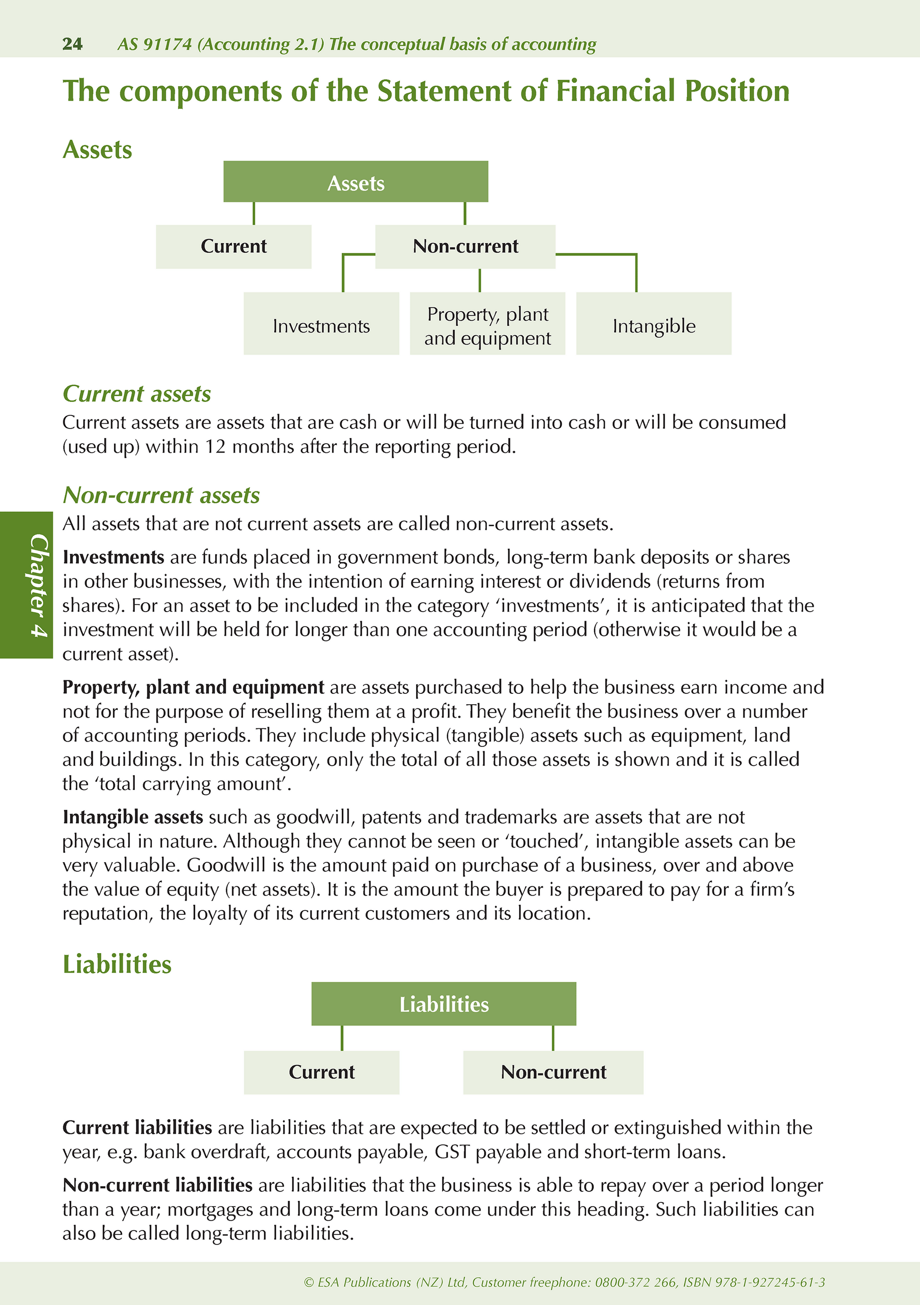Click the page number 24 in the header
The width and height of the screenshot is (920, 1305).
click(72, 44)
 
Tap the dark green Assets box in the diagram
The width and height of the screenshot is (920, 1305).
click(355, 182)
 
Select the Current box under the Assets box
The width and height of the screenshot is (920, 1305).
click(233, 247)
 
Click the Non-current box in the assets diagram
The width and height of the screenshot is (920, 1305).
click(465, 247)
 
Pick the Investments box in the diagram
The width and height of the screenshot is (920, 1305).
click(321, 324)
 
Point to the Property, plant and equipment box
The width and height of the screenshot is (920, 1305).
click(487, 324)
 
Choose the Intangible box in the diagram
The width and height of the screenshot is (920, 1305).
click(653, 324)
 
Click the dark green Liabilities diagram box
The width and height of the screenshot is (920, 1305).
click(443, 1004)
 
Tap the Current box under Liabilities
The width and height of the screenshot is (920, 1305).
click(321, 1072)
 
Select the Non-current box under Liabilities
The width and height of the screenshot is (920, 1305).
click(553, 1072)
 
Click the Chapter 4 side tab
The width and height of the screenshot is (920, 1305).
click(26, 585)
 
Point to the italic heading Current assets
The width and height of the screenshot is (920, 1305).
click(136, 394)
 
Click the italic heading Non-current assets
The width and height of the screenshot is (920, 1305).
click(161, 495)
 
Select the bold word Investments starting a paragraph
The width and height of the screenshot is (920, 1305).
click(113, 557)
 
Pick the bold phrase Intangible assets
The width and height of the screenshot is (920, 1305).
click(132, 817)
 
